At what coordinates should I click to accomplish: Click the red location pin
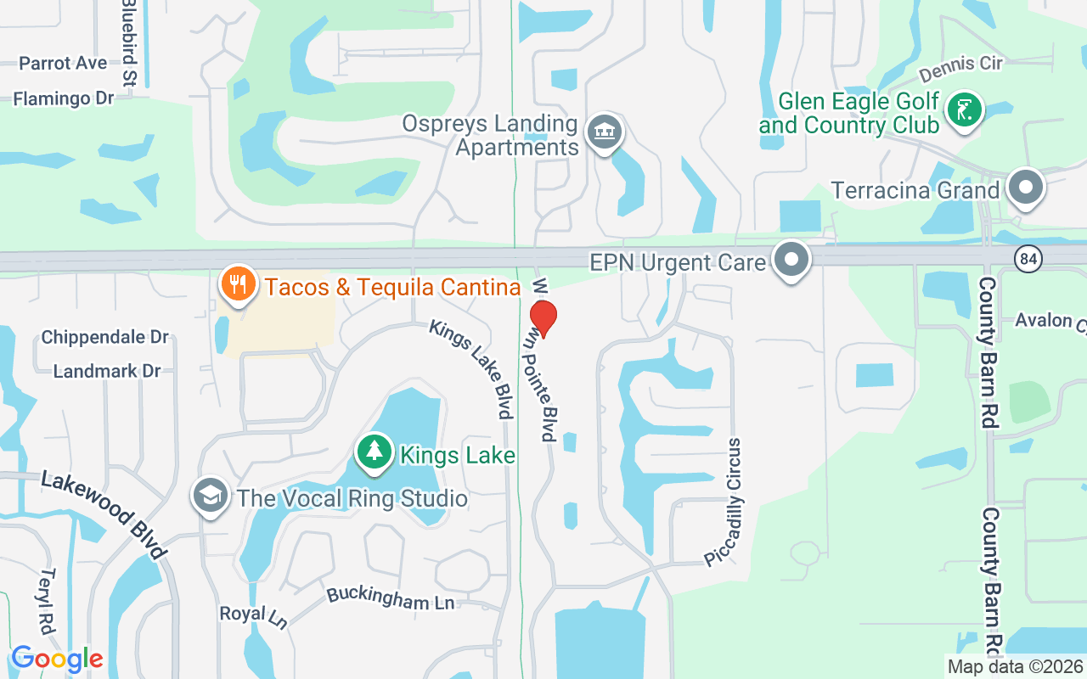pyautogui.click(x=543, y=318)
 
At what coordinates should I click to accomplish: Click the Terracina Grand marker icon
pyautogui.click(x=1025, y=188)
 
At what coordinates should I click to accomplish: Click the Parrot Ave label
pyautogui.click(x=63, y=64)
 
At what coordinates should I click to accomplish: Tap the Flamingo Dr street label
pyautogui.click(x=64, y=99)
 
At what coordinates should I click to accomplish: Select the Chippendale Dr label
pyautogui.click(x=105, y=337)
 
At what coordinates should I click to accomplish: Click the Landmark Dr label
pyautogui.click(x=107, y=371)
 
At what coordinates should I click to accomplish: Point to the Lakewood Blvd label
pyautogui.click(x=103, y=515)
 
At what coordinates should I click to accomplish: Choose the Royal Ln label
pyautogui.click(x=253, y=616)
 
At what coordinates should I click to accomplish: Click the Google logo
pyautogui.click(x=57, y=658)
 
